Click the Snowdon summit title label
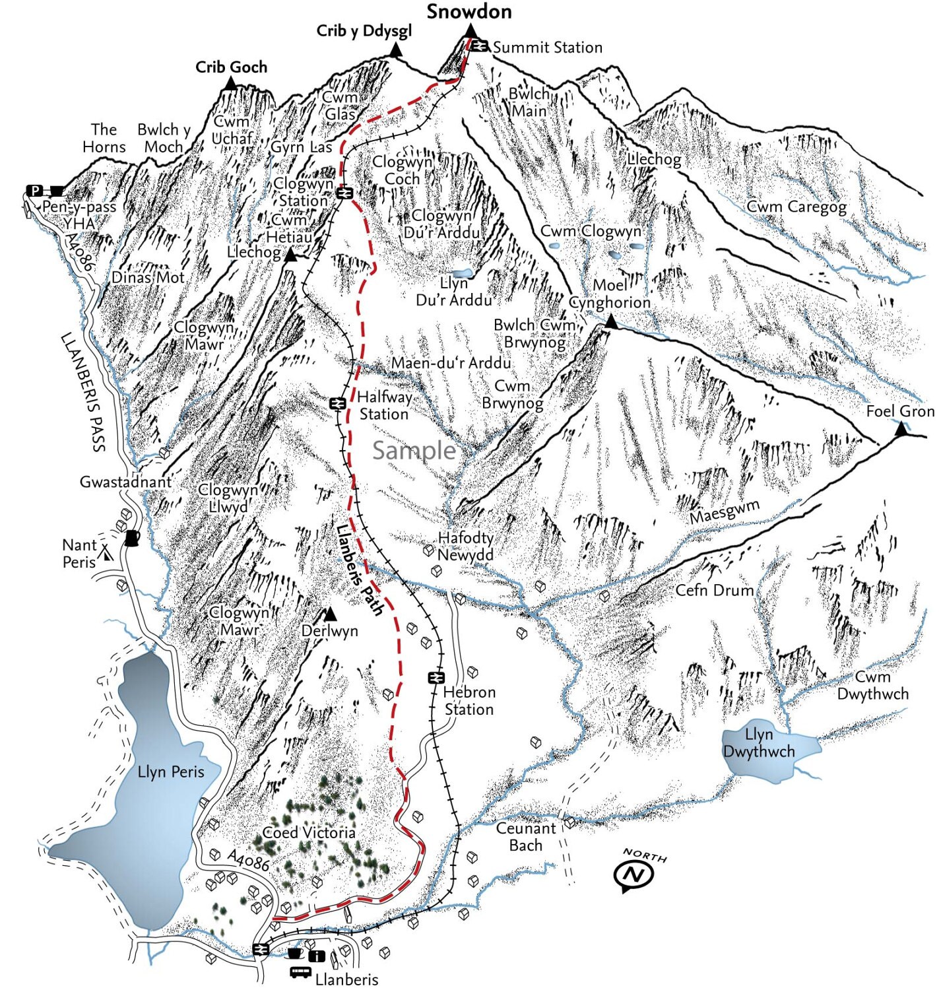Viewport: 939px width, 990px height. point(469,12)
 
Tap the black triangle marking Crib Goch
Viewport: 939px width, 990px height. point(230,83)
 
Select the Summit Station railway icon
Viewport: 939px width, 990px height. point(480,46)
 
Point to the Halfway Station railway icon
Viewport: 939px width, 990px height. point(338,403)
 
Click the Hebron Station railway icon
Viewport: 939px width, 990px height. point(436,677)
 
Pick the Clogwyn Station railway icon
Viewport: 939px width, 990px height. point(343,193)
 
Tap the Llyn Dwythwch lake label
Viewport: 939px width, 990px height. point(759,743)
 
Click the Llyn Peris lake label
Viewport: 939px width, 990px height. point(171,772)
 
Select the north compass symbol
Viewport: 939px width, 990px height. point(634,875)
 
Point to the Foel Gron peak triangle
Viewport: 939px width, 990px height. point(901,430)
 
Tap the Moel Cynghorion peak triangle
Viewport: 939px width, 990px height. point(611,322)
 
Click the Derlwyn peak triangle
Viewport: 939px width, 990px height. point(331,614)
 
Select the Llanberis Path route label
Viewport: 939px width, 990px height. point(359,570)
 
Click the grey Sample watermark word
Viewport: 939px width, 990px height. point(414,450)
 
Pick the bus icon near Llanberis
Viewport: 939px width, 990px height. point(300,972)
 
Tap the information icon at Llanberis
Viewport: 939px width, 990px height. point(317,956)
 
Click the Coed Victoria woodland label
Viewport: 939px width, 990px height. point(309,833)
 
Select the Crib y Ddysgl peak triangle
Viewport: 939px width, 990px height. point(396,50)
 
